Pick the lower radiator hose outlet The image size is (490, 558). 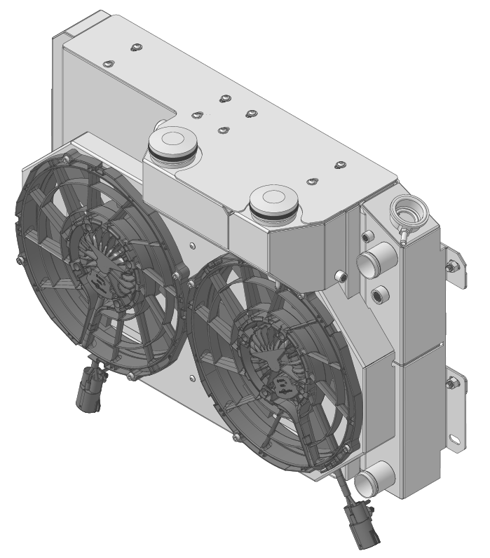tap(367, 483)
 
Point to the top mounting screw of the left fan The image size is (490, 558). tap(66, 160)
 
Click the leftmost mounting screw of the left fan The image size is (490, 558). tap(18, 261)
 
